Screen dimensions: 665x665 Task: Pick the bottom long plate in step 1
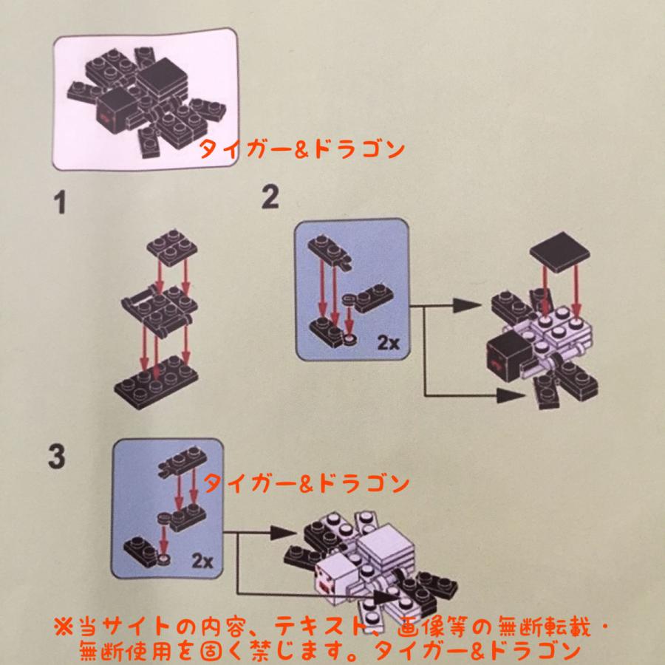157,378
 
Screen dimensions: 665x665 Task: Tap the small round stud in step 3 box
164,559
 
